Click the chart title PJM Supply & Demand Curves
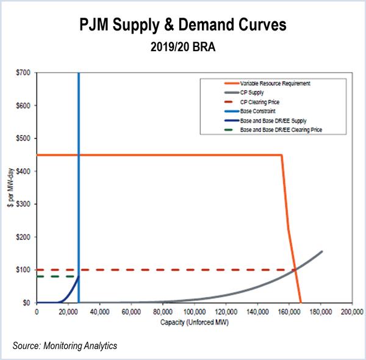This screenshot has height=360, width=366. pos(182,26)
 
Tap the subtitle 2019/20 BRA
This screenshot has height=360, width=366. pos(182,48)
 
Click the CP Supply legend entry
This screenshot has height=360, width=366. pos(256,92)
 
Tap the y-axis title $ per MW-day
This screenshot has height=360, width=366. pos(9,188)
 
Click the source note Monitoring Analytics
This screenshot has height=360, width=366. pos(65,347)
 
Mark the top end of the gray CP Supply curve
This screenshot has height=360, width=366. pos(321,251)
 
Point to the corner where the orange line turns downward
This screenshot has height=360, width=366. pos(281,155)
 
